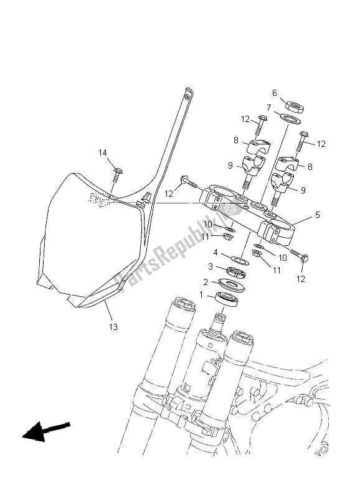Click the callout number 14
(x=103, y=153)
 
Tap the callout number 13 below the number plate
(x=113, y=326)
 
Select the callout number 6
(x=275, y=93)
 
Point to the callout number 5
(x=318, y=215)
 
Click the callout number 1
(x=201, y=295)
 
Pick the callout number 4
(x=216, y=253)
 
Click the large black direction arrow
(x=45, y=431)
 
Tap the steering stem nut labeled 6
(x=293, y=106)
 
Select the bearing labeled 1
(x=227, y=299)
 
